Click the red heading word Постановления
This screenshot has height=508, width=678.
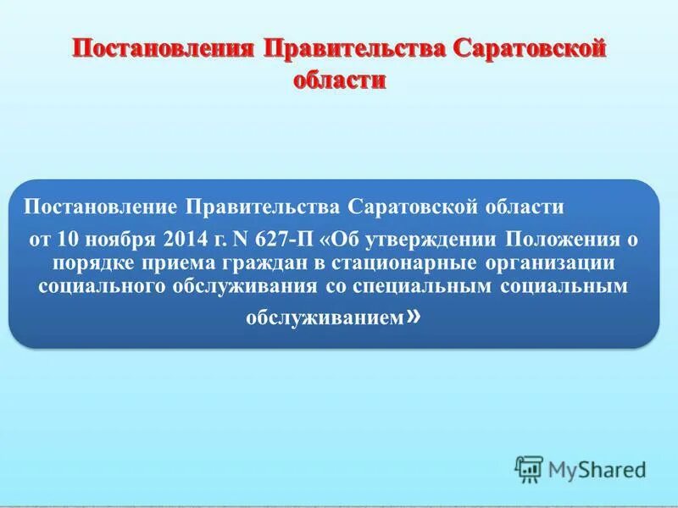(161, 47)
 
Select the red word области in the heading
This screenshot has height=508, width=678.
(339, 80)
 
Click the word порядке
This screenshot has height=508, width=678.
(93, 262)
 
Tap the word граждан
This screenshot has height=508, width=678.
(242, 262)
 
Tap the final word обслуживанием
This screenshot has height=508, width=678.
(326, 317)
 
